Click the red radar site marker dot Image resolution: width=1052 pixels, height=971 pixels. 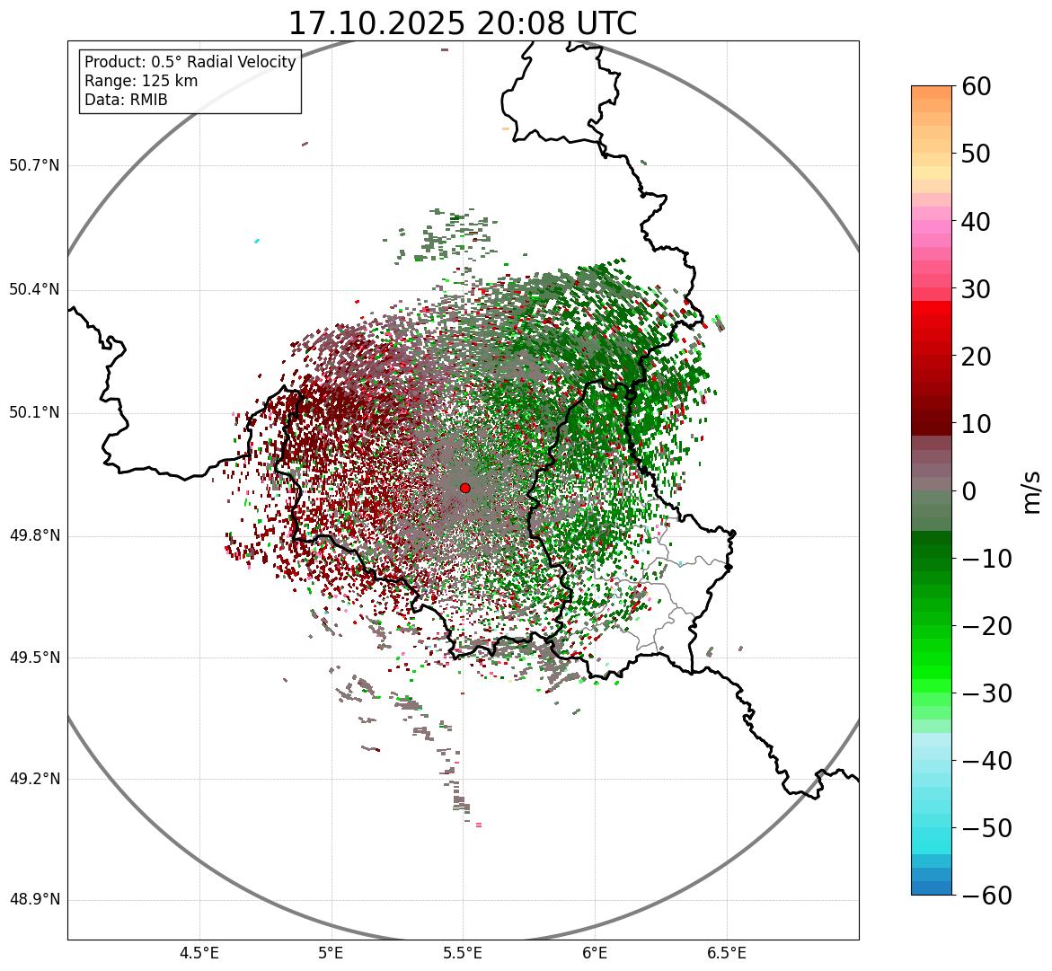click(464, 488)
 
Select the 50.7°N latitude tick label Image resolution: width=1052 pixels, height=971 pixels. click(34, 166)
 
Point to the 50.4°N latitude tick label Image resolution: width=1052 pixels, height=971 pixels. click(34, 290)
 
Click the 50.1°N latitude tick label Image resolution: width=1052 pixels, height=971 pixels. click(34, 413)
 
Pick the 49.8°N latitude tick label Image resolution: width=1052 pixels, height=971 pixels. click(34, 536)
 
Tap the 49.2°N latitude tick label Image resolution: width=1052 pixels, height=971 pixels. click(34, 779)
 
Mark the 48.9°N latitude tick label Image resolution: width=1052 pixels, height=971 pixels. click(34, 900)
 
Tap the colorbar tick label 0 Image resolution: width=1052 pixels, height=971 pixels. click(969, 491)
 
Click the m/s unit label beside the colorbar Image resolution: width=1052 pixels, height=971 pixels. click(1031, 491)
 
